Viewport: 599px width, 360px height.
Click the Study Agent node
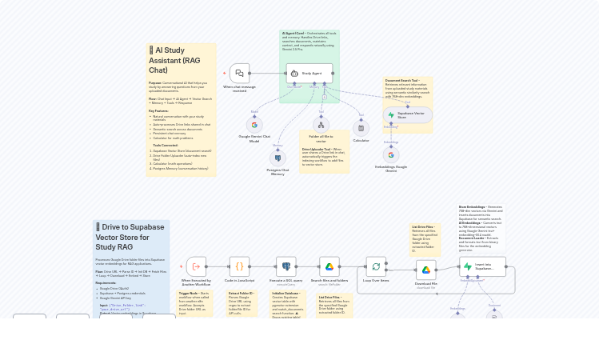coord(309,74)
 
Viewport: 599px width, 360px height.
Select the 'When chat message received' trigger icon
coord(239,74)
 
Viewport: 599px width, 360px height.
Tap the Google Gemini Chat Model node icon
coord(254,125)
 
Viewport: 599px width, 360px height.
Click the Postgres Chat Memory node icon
coord(278,158)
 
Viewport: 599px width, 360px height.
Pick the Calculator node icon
coord(361,128)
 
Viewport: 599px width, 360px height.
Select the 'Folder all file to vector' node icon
coord(321,125)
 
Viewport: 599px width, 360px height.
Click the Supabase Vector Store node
coord(407,115)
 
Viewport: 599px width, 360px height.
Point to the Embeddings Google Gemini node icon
coord(390,155)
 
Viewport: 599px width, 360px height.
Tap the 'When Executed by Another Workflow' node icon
coord(196,266)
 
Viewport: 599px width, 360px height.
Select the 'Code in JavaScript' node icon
coord(239,266)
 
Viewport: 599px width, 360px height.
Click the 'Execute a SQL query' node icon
coord(286,266)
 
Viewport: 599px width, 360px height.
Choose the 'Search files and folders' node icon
coord(329,266)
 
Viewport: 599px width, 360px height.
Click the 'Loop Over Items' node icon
coord(376,266)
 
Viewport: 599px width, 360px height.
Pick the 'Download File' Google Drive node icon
coord(426,270)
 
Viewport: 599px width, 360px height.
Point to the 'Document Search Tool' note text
coord(407,88)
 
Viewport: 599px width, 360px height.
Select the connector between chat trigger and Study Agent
coord(268,74)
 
